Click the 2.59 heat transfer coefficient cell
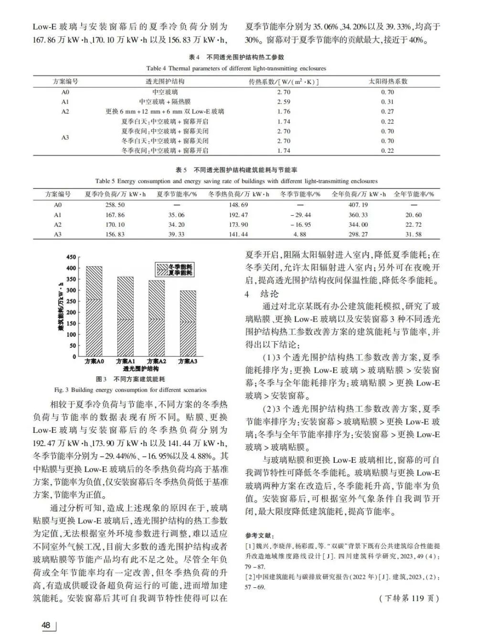[284, 102]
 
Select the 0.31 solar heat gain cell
[387, 102]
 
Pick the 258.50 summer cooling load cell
[115, 205]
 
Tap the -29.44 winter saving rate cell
[300, 215]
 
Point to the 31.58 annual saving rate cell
[413, 234]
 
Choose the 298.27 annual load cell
[358, 234]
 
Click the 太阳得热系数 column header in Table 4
[388, 82]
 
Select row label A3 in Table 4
[65, 137]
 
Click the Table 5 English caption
[236, 181]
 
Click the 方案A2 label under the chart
[156, 362]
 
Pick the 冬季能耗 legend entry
[175, 267]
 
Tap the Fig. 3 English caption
[130, 389]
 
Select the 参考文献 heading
[260, 535]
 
